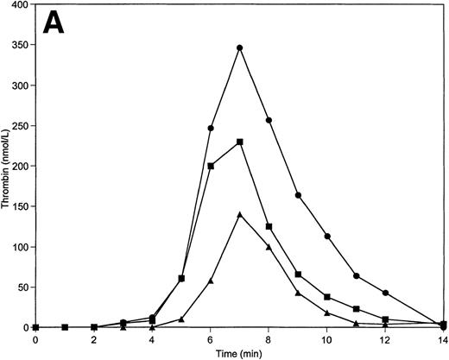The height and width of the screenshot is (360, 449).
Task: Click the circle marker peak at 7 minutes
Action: coord(239,47)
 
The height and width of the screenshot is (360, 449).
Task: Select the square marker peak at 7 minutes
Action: coord(239,142)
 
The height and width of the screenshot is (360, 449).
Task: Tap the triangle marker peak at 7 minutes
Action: coord(239,214)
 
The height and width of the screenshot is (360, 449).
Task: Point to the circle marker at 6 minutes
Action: coord(211,128)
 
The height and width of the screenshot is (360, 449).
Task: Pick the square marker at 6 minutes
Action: coord(211,166)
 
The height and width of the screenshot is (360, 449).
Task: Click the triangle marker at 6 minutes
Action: coord(211,281)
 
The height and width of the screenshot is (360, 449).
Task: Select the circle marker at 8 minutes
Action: coord(269,120)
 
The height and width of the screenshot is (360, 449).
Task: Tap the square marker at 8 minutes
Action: coord(269,226)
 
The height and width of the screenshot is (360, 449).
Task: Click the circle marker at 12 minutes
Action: coord(385,293)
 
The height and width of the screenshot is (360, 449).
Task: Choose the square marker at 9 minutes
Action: coord(298,274)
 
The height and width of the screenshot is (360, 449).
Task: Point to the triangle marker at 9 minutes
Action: coord(298,294)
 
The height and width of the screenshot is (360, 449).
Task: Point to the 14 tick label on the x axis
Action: coord(442,339)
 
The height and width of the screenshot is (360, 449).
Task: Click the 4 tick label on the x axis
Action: coord(152,339)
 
